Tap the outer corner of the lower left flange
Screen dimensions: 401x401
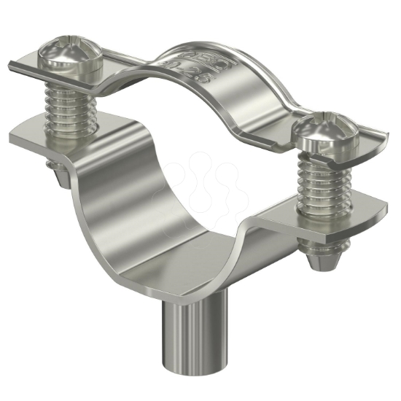coord(13,137)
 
